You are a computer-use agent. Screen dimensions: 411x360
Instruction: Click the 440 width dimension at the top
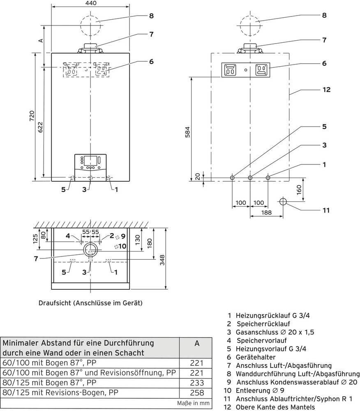tap(91, 4)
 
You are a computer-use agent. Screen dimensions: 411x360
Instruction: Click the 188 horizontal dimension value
tap(267, 212)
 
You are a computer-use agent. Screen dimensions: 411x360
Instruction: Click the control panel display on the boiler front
tap(90, 160)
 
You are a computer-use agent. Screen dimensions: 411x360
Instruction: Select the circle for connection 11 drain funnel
tap(283, 202)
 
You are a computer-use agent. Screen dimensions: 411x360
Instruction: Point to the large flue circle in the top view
tap(91, 249)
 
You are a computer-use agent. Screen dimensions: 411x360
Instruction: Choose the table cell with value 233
tap(197, 382)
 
